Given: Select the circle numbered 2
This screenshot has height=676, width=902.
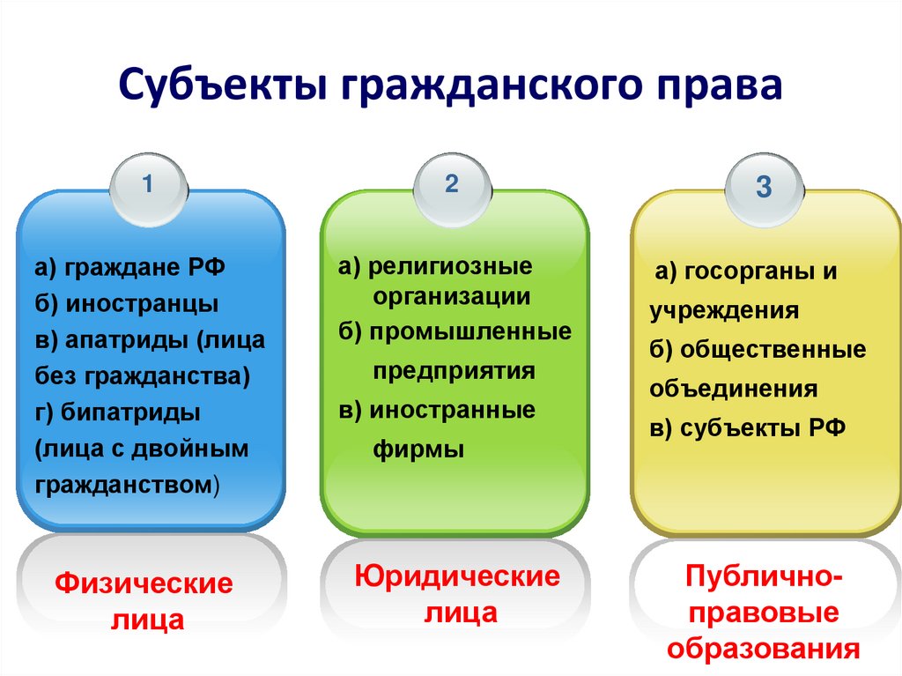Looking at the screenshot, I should (452, 186).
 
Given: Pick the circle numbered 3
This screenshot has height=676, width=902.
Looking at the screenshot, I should (764, 189).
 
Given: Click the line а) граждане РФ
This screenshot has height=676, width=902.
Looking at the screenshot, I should (130, 268).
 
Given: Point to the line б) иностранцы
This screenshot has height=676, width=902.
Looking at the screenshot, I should (127, 304).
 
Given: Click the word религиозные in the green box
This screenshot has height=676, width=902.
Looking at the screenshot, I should (451, 265).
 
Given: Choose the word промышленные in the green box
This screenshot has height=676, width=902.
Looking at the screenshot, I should (470, 332).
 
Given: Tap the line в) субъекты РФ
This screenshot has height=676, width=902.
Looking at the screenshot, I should (748, 427).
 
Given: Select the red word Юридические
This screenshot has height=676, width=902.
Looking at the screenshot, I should (457, 577).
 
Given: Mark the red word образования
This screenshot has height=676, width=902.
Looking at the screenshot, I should (763, 649).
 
